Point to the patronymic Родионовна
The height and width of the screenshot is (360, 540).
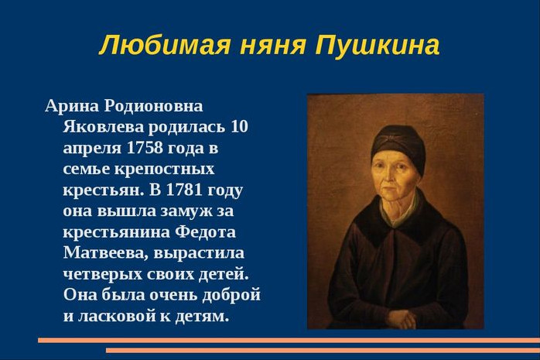[x=154, y=106]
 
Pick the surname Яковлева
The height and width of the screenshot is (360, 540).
[x=103, y=126]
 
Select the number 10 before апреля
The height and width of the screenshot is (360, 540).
[x=239, y=126]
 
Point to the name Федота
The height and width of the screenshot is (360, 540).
[x=205, y=232]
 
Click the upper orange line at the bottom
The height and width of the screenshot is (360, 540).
[x=289, y=341]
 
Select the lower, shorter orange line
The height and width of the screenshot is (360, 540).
[x=323, y=351]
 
